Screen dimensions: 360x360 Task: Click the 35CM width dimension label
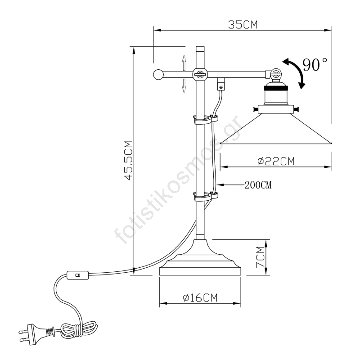click(243, 25)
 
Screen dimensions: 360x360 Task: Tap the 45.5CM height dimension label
click(129, 161)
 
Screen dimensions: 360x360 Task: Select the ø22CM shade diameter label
click(276, 161)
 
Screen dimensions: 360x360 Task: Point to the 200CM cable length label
click(258, 185)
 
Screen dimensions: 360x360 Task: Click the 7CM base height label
click(260, 257)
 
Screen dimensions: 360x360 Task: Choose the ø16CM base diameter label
click(200, 298)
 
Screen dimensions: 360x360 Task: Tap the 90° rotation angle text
click(315, 64)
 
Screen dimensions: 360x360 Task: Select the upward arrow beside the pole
click(184, 63)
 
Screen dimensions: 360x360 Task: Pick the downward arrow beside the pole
click(184, 85)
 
